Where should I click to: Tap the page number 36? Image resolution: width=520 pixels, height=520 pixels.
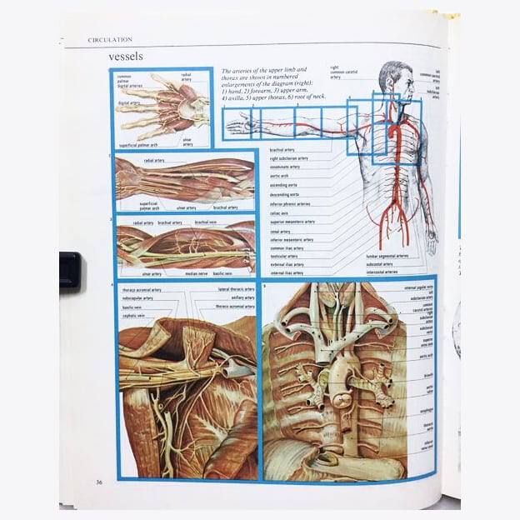[98, 481]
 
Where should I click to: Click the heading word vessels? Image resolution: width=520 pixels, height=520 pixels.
[126, 57]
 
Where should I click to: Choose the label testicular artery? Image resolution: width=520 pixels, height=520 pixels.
[284, 256]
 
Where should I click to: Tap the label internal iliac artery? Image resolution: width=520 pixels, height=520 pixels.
[287, 272]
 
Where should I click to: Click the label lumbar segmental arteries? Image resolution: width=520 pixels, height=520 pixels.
[387, 256]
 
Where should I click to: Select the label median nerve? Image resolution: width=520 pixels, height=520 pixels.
[197, 273]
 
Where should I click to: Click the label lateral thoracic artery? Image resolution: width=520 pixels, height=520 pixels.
[237, 289]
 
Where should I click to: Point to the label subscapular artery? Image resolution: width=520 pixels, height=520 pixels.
[137, 297]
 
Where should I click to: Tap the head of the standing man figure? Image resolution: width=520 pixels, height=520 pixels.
[392, 78]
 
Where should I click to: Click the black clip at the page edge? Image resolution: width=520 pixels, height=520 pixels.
[70, 270]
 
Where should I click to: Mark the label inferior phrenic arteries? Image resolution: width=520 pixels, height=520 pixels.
[291, 204]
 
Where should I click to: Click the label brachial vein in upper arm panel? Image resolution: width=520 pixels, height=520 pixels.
[207, 222]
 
